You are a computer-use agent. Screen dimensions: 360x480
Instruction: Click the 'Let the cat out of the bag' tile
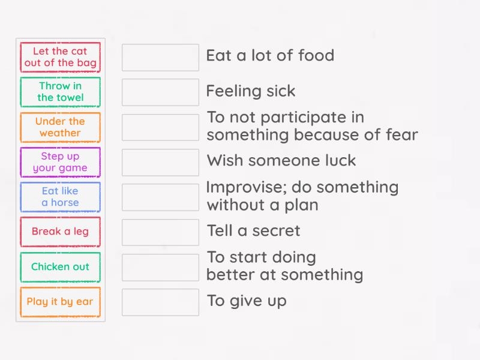pyautogui.click(x=60, y=57)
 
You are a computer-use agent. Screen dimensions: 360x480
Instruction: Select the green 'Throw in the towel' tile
pyautogui.click(x=60, y=92)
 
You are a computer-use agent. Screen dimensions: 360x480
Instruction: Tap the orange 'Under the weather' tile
pyautogui.click(x=60, y=127)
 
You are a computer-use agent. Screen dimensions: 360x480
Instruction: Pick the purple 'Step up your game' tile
pyautogui.click(x=60, y=162)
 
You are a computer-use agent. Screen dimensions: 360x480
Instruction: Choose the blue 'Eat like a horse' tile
pyautogui.click(x=60, y=197)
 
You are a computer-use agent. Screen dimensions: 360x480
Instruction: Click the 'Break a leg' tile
pyautogui.click(x=60, y=232)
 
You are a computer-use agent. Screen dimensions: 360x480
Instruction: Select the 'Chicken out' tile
pyautogui.click(x=60, y=267)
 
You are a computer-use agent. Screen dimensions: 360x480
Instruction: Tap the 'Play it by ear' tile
pyautogui.click(x=60, y=302)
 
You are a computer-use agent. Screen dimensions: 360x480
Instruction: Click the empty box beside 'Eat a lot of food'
pyautogui.click(x=160, y=57)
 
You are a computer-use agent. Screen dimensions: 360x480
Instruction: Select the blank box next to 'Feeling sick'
pyautogui.click(x=160, y=92)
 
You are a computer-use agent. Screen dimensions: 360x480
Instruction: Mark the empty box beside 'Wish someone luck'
pyautogui.click(x=160, y=162)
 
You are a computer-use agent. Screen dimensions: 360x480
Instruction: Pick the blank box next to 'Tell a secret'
pyautogui.click(x=160, y=232)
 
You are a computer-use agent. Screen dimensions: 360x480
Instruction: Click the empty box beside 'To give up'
pyautogui.click(x=160, y=302)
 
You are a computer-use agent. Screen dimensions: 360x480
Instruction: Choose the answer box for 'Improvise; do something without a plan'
pyautogui.click(x=160, y=197)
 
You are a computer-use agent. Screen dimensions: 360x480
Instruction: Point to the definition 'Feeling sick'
pyautogui.click(x=251, y=91)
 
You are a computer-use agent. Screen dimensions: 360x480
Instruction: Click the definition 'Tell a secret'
pyautogui.click(x=253, y=230)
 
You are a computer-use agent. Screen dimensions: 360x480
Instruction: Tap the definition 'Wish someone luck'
pyautogui.click(x=281, y=161)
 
